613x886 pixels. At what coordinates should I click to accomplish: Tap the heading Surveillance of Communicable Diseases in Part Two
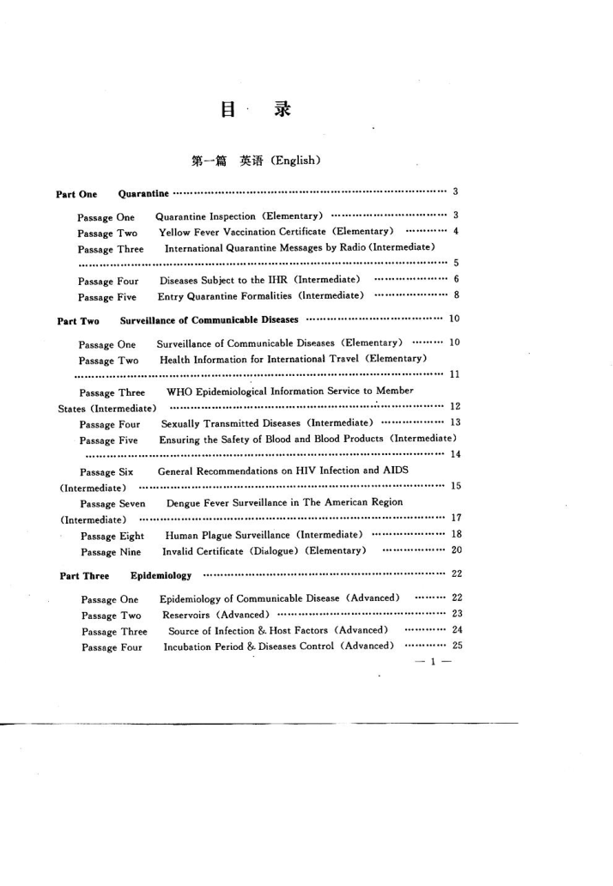209,320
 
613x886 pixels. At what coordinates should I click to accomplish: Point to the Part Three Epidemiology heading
125,575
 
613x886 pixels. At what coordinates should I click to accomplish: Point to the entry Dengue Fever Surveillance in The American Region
284,502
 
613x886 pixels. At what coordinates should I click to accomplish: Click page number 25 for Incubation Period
457,646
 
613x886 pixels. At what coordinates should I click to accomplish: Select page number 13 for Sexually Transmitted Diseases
455,422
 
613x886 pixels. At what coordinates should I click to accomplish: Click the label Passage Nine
111,551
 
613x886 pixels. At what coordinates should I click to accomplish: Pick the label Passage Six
106,471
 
